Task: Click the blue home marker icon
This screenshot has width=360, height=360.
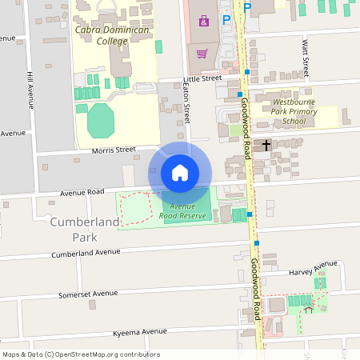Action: click(180, 173)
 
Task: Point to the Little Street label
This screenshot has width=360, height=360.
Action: click(202, 78)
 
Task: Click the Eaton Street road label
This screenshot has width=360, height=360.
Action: click(186, 103)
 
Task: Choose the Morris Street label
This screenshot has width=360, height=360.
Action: click(113, 150)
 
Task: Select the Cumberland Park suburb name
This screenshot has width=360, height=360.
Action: click(84, 229)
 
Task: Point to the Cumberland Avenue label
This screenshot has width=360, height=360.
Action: click(86, 253)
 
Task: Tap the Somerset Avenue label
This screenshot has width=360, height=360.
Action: click(87, 294)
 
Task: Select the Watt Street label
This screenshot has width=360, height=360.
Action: click(305, 56)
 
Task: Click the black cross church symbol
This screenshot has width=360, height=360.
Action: click(266, 145)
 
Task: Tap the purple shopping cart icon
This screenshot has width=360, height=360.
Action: click(202, 54)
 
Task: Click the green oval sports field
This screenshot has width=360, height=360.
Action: click(101, 120)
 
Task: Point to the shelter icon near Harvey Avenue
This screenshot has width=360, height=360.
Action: click(308, 310)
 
